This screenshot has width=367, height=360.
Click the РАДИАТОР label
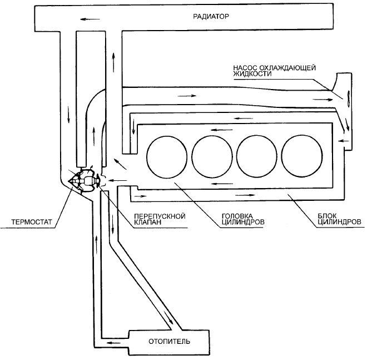[211, 16]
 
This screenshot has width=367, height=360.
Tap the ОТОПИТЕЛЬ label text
[170, 341]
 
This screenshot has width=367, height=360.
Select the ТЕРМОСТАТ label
[32, 222]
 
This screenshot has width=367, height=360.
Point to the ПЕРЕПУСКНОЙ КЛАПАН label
[160, 219]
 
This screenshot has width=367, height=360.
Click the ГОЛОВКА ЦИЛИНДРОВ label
[243, 219]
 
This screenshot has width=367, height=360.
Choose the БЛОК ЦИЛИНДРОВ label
[339, 219]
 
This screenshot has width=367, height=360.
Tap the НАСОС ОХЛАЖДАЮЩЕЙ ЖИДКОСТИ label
[274, 71]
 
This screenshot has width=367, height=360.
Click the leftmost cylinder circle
[167, 156]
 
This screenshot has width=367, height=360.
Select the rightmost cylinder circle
[302, 156]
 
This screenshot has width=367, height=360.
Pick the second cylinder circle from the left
[212, 156]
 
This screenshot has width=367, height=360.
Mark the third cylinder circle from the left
[257, 156]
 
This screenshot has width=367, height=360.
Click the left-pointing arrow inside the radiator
[90, 19]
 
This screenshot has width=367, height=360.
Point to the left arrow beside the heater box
[113, 343]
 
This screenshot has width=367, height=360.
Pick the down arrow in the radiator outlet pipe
[68, 115]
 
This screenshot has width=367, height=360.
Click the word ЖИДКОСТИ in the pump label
[252, 74]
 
